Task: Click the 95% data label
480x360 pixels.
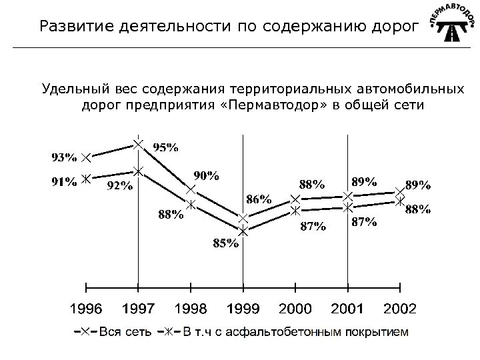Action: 166,147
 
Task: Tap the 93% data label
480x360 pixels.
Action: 65,158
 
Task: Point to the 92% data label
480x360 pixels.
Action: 120,187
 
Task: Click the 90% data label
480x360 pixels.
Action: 207,175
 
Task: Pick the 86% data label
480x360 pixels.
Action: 259,199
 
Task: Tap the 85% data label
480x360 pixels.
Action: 225,243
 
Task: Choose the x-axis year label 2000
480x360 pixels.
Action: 295,308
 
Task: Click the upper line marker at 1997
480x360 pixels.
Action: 138,144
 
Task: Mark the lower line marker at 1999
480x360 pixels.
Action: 243,232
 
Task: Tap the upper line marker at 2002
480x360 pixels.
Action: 399,192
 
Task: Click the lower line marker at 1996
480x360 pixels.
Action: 86,178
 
